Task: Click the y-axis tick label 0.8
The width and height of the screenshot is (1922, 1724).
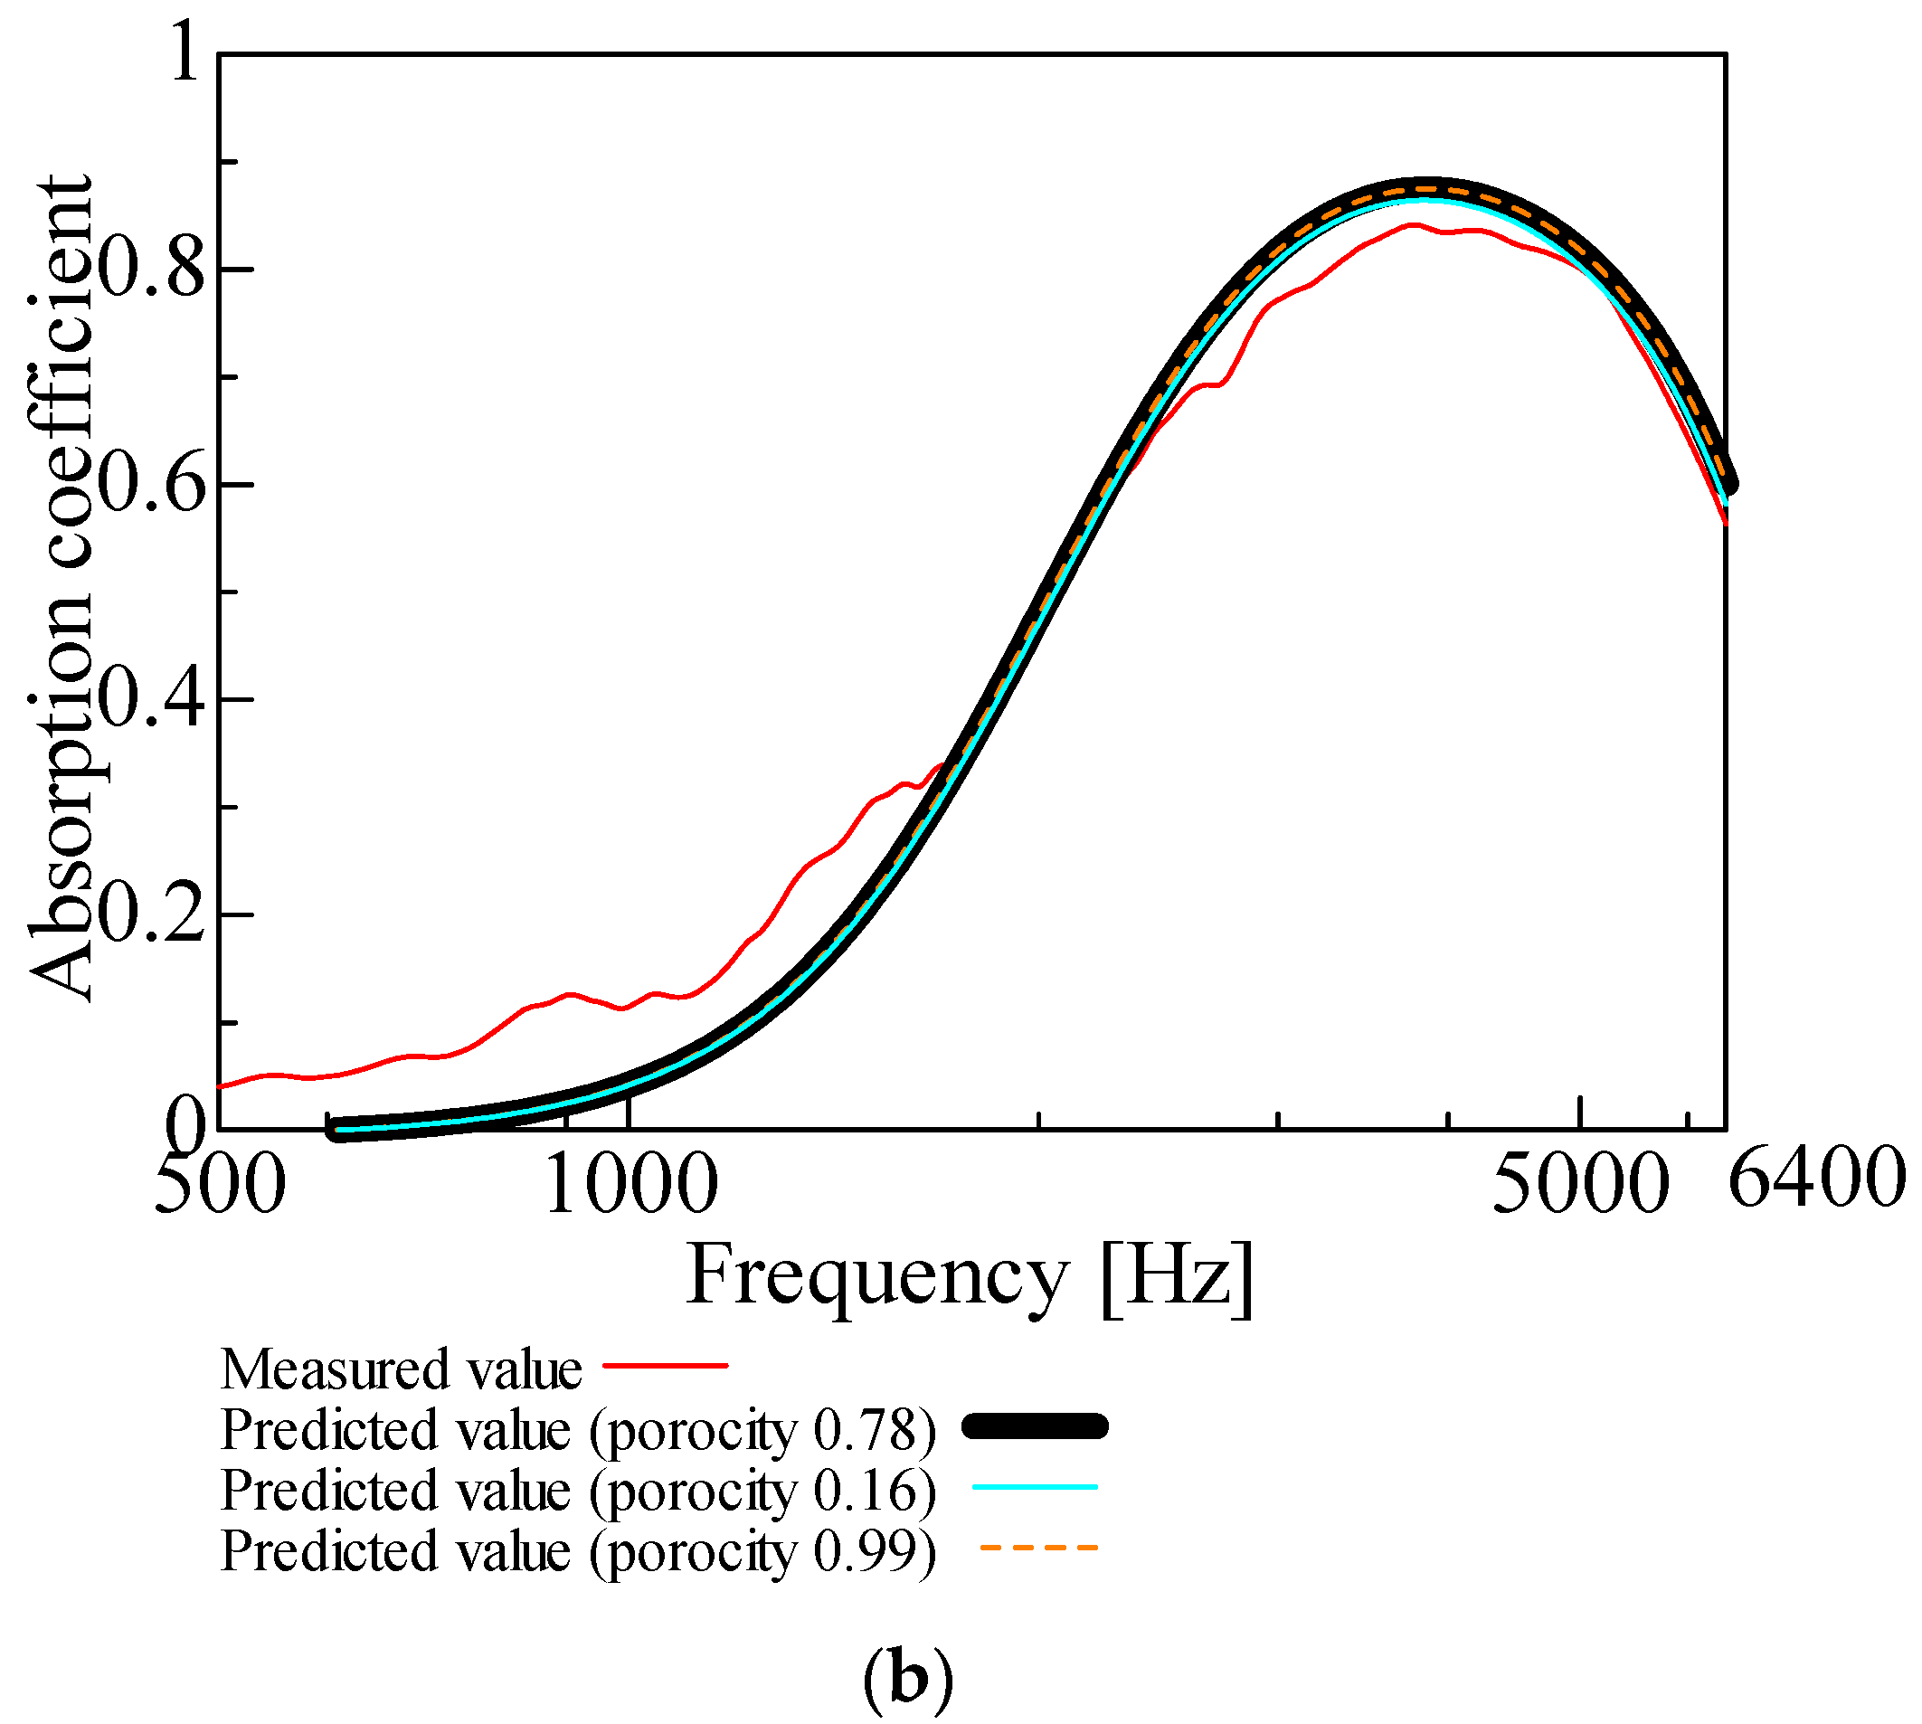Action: click(x=152, y=270)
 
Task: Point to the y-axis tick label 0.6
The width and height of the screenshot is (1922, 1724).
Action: click(x=152, y=485)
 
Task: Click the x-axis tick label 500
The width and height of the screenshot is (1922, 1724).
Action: click(x=219, y=1185)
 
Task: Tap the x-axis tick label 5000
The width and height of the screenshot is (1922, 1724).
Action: click(x=1579, y=1185)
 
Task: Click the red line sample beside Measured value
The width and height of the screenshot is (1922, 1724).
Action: click(x=665, y=1366)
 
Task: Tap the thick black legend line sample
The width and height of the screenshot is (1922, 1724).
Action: click(x=1036, y=1426)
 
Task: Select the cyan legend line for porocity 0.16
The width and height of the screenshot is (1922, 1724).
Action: click(x=1036, y=1487)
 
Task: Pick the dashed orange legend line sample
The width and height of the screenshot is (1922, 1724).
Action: click(x=1038, y=1548)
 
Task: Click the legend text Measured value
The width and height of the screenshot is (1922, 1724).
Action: click(x=401, y=1369)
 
